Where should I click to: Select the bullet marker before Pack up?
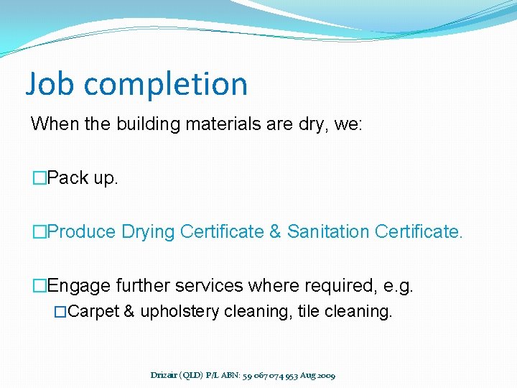[38, 178]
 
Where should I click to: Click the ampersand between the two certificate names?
[275, 232]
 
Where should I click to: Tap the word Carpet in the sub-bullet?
[94, 312]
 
